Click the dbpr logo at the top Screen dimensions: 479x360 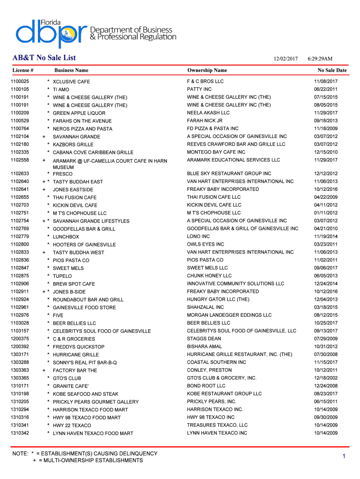pos(51,33)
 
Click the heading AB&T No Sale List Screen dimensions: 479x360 pos(44,58)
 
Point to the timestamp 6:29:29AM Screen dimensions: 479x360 pos(320,59)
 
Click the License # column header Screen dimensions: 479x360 pos(23,71)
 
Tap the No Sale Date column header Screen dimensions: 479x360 pos(332,71)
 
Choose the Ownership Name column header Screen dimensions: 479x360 pos(207,71)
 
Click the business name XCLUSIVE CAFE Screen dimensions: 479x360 pos(71,82)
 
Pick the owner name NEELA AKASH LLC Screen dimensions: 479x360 pos(208,113)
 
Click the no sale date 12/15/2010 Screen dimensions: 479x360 pos(326,152)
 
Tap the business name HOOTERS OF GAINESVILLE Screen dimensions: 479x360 pos(84,245)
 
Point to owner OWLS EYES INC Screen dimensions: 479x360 pos(205,244)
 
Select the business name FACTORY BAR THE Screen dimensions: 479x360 pos(75,370)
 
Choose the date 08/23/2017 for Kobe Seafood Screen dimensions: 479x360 pos(326,394)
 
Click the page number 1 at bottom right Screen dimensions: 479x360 pos(343,457)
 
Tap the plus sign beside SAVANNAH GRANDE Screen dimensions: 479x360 pos(43,137)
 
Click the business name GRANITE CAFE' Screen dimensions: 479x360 pos(71,386)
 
